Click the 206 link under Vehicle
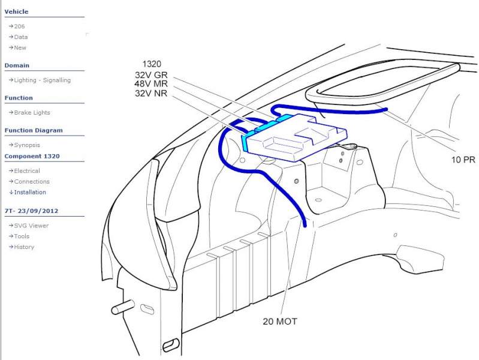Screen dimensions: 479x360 [19, 26]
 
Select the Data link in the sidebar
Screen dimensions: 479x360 [21, 37]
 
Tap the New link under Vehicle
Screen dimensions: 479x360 [20, 48]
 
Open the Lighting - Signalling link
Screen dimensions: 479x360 [42, 80]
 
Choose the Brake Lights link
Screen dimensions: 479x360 [32, 113]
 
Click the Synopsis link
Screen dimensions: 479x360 [27, 145]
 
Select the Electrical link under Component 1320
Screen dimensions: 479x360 [27, 170]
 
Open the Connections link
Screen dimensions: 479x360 [32, 181]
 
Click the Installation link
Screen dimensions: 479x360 [30, 192]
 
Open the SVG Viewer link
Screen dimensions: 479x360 [31, 226]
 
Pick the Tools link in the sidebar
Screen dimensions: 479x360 [22, 236]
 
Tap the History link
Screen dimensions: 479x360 [24, 247]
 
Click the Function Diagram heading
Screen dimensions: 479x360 [34, 130]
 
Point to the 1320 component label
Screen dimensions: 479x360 [152, 64]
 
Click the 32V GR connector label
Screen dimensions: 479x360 [151, 75]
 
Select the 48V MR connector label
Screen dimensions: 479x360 [151, 83]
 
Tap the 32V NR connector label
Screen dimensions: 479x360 [151, 93]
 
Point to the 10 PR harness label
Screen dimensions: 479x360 [463, 160]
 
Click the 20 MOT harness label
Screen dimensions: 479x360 [280, 322]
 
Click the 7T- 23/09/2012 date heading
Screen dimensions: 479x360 [31, 211]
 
